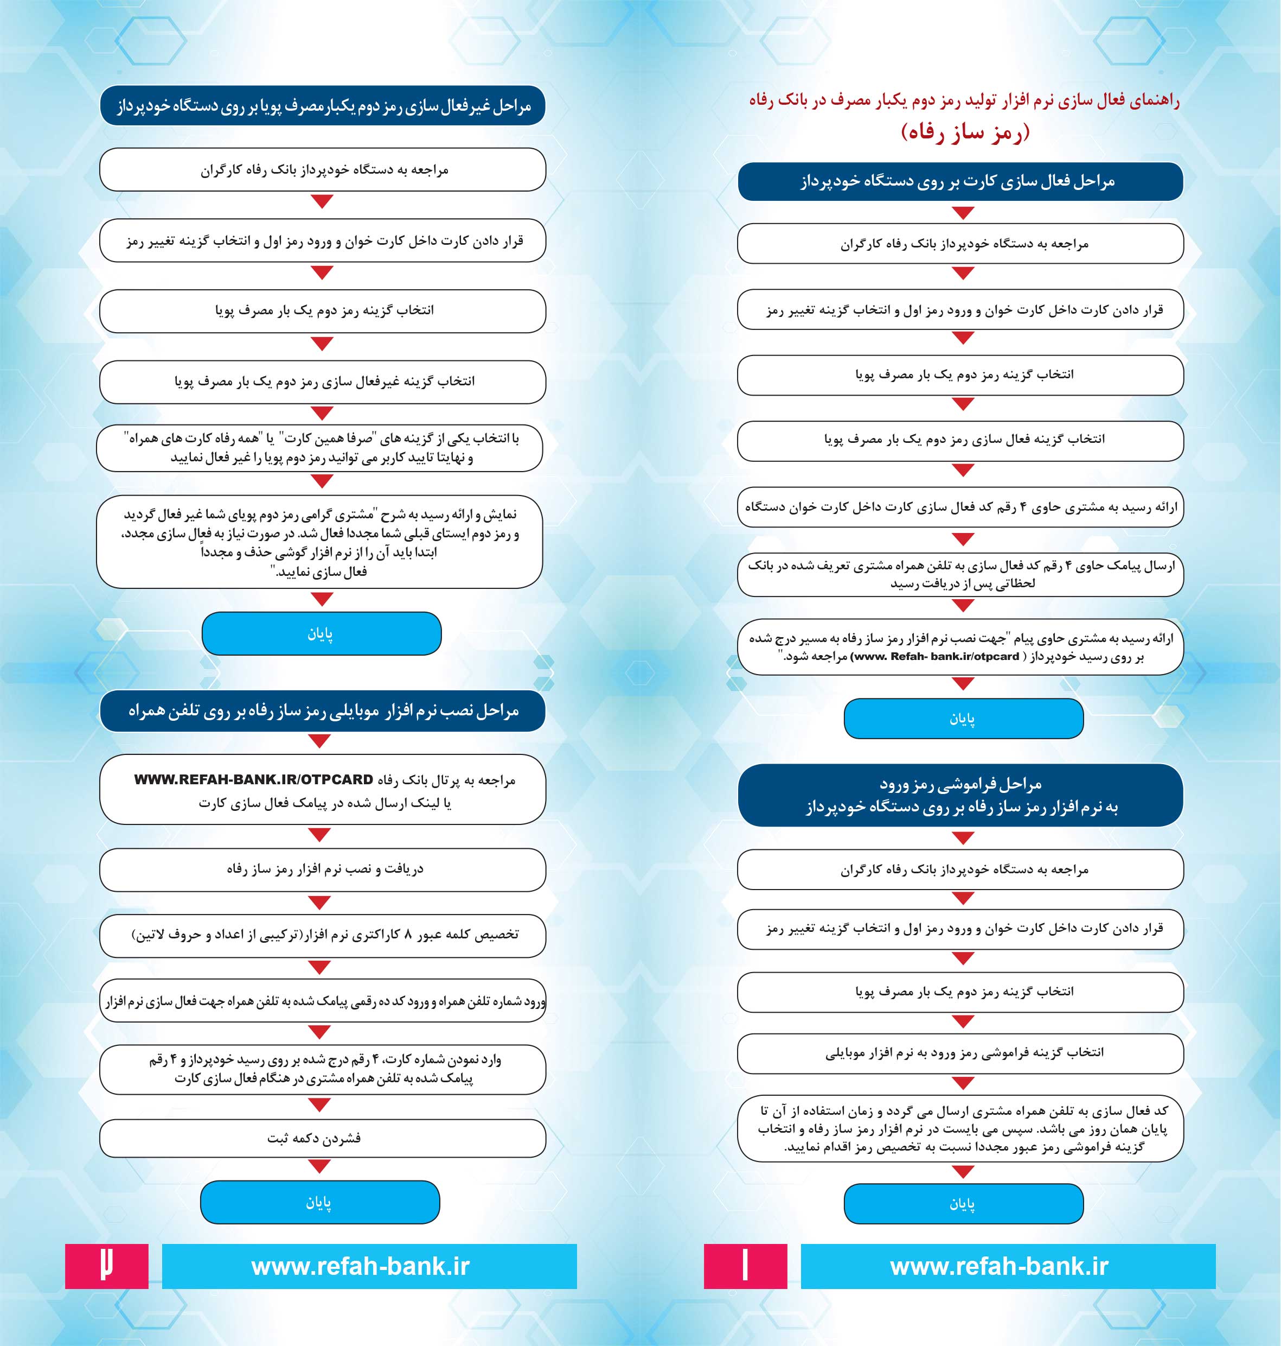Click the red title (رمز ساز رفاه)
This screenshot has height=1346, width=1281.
pos(964,132)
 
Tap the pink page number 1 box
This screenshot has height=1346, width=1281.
pos(745,1266)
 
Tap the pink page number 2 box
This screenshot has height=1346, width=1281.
pos(106,1266)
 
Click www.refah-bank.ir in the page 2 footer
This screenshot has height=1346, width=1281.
pos(361,1266)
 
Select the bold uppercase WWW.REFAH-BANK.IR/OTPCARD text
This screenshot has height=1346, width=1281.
pos(253,779)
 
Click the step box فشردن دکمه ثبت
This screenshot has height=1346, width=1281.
pos(322,1138)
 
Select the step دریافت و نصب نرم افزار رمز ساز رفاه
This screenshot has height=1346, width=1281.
pos(322,869)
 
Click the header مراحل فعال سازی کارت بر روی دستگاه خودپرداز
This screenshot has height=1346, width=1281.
pos(960,182)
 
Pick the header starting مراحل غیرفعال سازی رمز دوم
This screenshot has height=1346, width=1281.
pos(322,106)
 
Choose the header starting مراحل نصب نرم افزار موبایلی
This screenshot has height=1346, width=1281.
pos(322,711)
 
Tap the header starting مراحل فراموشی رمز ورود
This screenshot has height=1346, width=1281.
pos(960,795)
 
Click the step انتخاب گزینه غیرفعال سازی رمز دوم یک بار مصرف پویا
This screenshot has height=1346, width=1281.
pos(322,381)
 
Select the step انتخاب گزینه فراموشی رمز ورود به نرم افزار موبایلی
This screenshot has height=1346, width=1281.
pos(960,1053)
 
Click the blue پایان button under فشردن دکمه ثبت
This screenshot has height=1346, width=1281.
pos(319,1203)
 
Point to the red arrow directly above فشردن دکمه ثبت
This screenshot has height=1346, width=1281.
pos(319,1105)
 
